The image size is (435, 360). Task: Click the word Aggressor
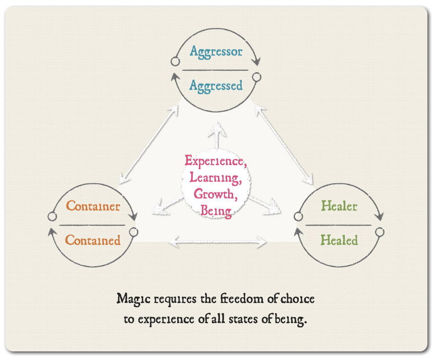(x=216, y=52)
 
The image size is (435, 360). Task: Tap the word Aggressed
(x=216, y=86)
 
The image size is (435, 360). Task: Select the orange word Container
(x=93, y=206)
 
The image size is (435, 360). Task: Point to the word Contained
(x=93, y=240)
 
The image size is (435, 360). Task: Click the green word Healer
(x=339, y=206)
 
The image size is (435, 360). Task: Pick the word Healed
(x=339, y=240)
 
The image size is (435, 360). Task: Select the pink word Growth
(x=214, y=194)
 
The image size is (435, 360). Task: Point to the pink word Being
(x=215, y=210)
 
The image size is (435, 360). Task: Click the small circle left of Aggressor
(x=175, y=62)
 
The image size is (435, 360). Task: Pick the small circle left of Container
(x=51, y=217)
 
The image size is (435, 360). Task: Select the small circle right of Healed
(x=379, y=232)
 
